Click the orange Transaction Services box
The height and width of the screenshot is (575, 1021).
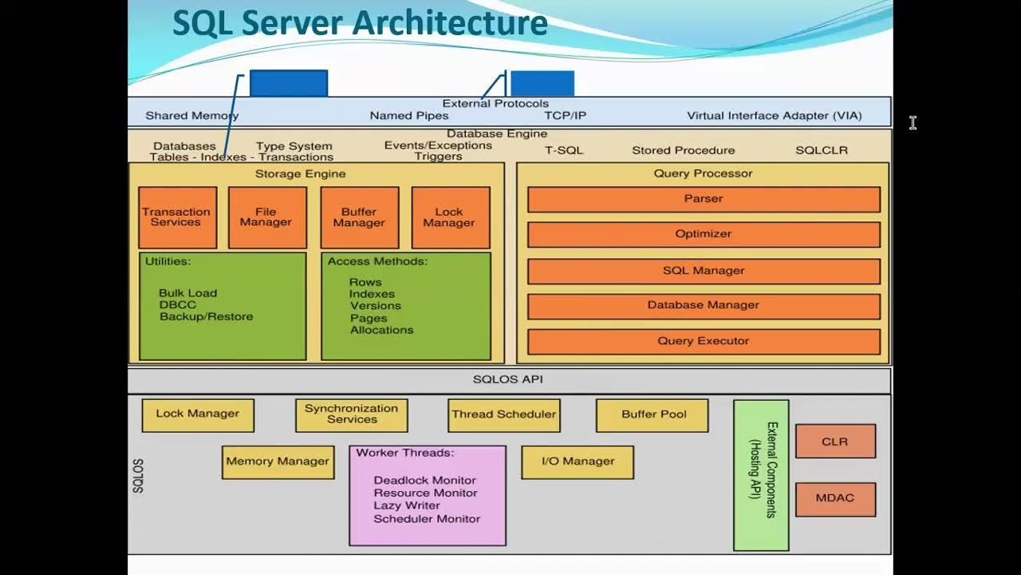click(178, 218)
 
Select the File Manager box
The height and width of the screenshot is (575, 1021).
click(267, 218)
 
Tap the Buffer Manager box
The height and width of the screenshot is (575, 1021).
click(360, 218)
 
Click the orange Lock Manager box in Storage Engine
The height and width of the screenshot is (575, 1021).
click(451, 218)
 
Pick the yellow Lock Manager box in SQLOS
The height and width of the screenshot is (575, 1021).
click(199, 416)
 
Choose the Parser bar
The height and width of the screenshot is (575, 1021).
click(704, 200)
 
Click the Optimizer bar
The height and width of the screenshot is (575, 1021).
click(704, 235)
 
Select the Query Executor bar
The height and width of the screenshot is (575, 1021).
click(704, 342)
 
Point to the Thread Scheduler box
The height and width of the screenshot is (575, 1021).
click(504, 416)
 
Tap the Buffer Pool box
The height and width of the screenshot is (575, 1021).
click(652, 416)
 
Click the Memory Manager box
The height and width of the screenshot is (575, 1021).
click(278, 462)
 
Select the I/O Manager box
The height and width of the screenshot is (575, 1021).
click(578, 462)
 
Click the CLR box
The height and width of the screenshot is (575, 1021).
click(835, 442)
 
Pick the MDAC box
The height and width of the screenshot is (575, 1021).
click(835, 500)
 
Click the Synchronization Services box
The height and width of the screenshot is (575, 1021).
click(352, 416)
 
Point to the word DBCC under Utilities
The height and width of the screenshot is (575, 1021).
click(178, 305)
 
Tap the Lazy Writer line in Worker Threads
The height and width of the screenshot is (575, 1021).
click(407, 506)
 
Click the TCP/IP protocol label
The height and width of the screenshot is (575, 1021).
click(566, 116)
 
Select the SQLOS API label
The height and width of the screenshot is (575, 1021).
click(508, 379)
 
